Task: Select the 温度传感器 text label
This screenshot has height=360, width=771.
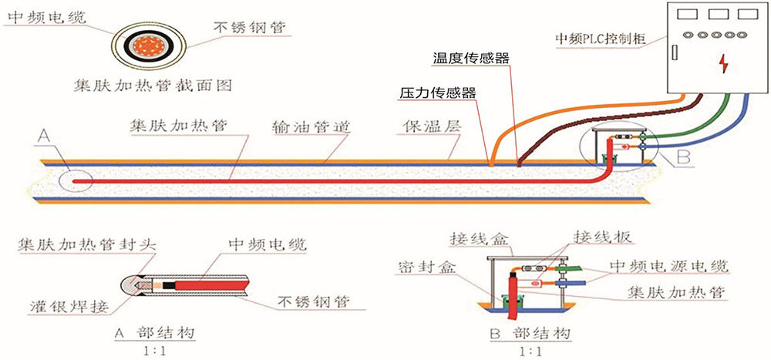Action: (x=471, y=58)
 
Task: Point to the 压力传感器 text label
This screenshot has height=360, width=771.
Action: (x=437, y=93)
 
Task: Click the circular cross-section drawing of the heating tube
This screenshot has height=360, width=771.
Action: (x=150, y=43)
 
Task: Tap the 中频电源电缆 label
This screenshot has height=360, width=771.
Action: (x=669, y=267)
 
